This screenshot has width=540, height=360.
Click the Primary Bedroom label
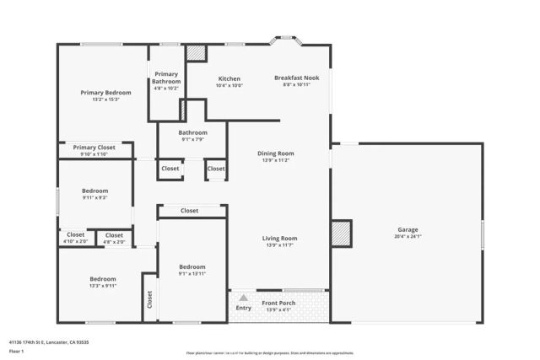pos(105,92)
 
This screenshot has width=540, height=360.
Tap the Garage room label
pos(408,229)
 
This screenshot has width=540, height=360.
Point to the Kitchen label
pos(229,78)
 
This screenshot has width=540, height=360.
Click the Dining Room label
pos(275,153)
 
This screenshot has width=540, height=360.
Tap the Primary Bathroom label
pos(166,78)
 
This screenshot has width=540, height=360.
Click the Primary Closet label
pos(94,147)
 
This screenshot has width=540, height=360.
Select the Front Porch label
pos(278,304)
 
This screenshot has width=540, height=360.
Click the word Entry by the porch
pos(244,308)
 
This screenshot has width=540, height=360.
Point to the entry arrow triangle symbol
pos(243,298)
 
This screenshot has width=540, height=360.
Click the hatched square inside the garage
pos(340,232)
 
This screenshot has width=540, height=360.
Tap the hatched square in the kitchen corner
pos(197,52)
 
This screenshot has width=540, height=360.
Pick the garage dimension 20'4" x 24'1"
pos(408,237)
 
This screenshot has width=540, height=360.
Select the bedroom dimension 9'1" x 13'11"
pos(192,274)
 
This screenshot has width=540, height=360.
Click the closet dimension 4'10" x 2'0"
pos(75,242)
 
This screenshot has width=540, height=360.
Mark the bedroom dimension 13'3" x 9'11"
pos(102,286)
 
